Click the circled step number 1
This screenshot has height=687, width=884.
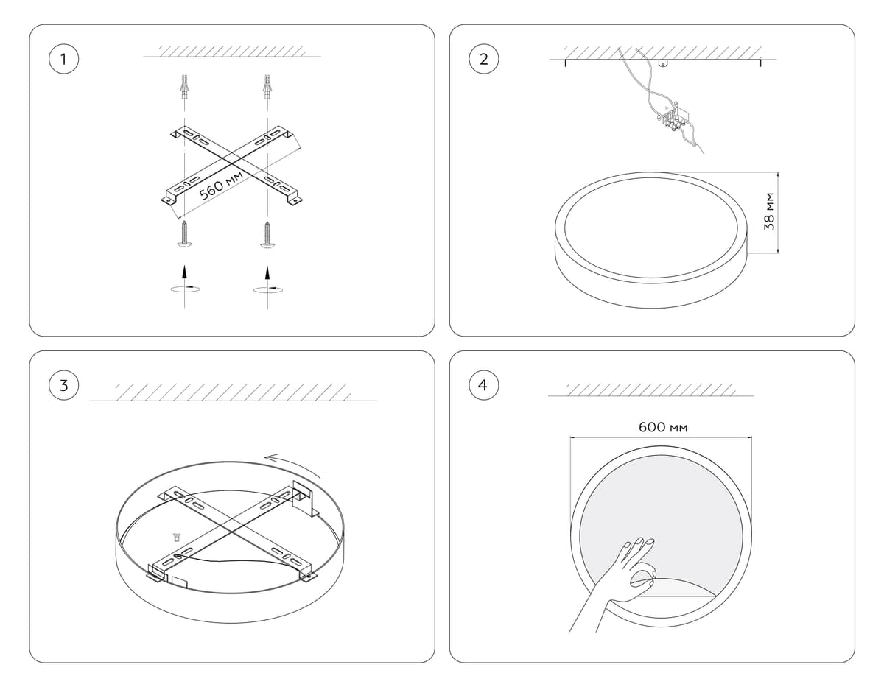(63, 59)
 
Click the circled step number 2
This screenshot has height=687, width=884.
(483, 59)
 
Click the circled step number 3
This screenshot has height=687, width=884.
(63, 385)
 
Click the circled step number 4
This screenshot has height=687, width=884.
(483, 385)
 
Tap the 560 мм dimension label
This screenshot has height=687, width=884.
(222, 186)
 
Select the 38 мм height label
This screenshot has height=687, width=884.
(769, 211)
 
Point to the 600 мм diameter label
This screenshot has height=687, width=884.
(663, 427)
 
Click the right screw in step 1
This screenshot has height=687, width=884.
(267, 235)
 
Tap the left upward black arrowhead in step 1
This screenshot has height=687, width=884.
(185, 272)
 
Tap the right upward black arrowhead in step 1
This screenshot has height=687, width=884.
(267, 272)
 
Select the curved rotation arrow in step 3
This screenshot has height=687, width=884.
(293, 463)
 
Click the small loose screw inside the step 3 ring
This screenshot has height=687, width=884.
(176, 536)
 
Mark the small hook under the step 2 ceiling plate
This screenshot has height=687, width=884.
(663, 63)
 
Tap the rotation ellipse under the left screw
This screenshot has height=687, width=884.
(185, 289)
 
